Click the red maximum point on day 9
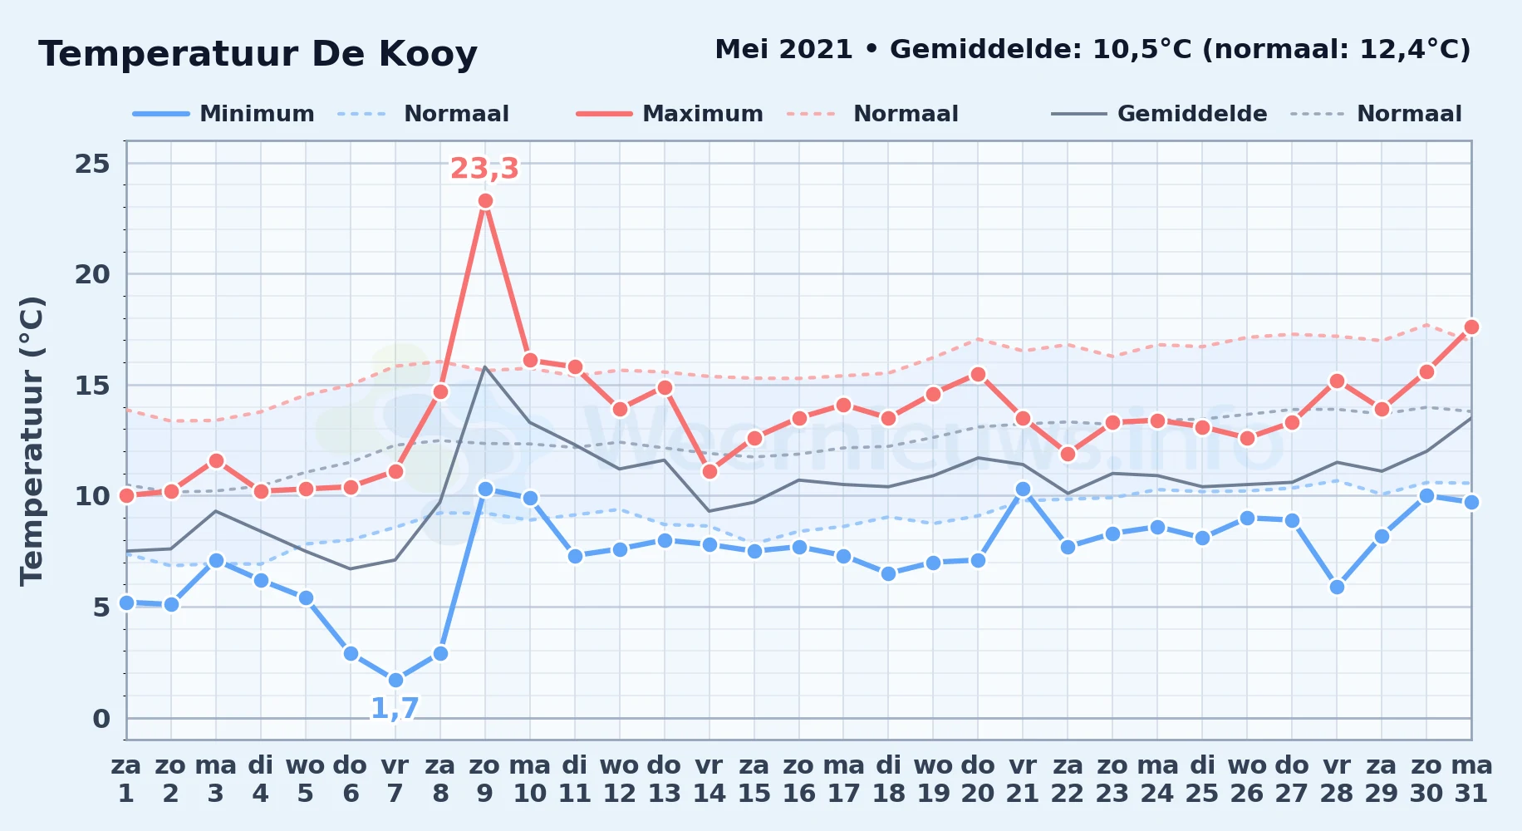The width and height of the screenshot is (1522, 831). pos(485,201)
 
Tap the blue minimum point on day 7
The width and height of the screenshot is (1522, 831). pos(395,680)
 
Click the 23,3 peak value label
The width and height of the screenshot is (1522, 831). pos(484,169)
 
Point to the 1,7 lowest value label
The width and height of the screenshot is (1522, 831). pos(395,709)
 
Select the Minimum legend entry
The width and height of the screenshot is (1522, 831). pos(223,114)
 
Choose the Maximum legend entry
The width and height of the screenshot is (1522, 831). pos(670,114)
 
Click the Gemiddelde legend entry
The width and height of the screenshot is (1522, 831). pos(1159,114)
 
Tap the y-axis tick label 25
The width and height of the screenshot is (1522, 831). pos(92,164)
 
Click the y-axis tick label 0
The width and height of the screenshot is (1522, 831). pos(101,718)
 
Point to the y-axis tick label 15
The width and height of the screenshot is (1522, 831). pos(92,386)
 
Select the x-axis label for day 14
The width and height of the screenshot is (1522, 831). pos(709,779)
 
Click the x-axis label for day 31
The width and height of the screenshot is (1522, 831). pos(1471,779)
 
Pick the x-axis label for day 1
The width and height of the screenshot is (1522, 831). pos(126,779)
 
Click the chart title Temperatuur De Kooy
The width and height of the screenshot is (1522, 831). pos(258,55)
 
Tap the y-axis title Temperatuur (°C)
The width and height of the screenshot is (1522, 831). pos(32,440)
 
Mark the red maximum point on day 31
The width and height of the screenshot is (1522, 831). pos(1471,327)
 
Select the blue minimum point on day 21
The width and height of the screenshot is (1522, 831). pos(1023,489)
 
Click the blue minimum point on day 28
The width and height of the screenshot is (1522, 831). pos(1337,587)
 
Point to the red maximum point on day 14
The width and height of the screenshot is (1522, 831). pos(709,471)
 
